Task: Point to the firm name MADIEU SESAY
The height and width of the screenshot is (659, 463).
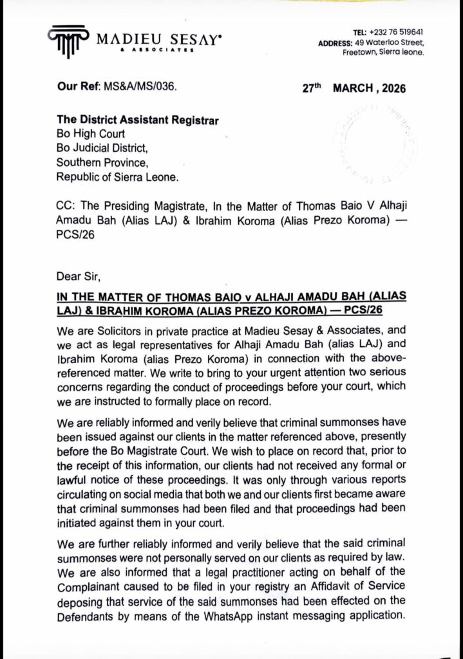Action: pos(160,40)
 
